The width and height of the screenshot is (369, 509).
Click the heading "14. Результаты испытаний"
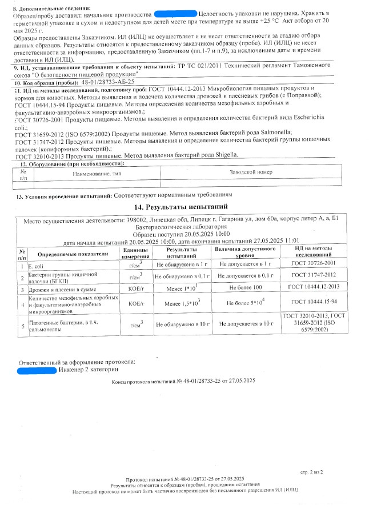(181, 207)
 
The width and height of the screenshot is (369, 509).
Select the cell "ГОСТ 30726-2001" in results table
(313, 266)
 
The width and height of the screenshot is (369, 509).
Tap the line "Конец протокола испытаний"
(183, 381)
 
